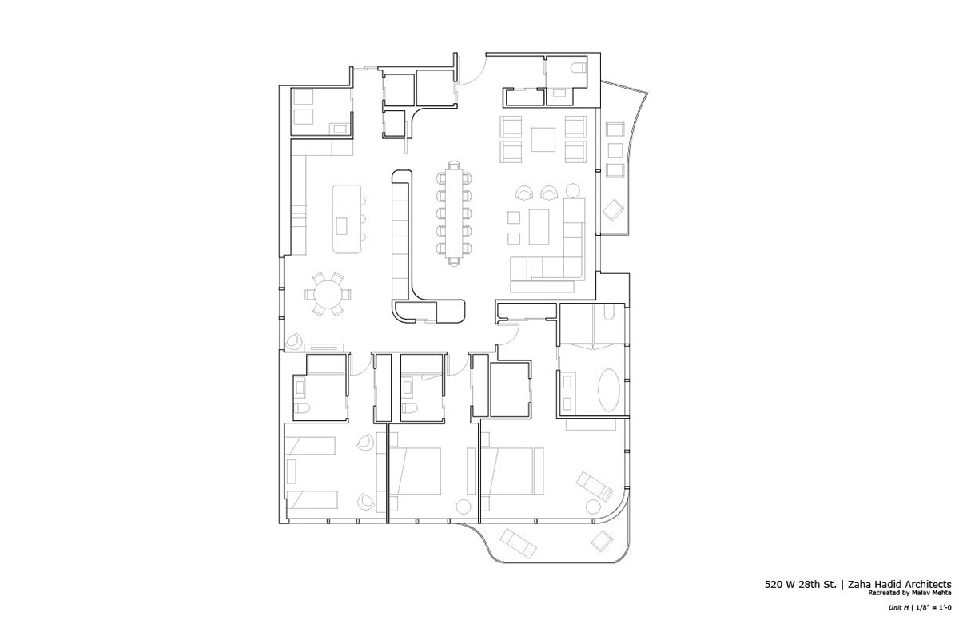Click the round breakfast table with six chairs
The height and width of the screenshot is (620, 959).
328,294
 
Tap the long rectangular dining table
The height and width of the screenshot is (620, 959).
454,213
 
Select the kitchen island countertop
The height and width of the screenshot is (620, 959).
347,219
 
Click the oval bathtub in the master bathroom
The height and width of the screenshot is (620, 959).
608,390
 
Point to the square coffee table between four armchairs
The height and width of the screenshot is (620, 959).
543,139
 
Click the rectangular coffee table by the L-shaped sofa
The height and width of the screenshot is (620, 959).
539,227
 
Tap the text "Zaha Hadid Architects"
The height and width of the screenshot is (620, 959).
900,585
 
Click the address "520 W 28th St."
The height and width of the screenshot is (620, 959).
801,585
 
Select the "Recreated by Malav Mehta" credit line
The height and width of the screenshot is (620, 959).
909,593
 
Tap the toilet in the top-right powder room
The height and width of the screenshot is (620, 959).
579,68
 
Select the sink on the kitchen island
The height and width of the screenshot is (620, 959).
341,226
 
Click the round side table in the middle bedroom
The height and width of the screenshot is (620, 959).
464,507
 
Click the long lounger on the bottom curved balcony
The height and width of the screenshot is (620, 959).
518,543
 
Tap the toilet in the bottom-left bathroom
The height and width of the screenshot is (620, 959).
302,407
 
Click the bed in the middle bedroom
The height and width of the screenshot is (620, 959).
416,471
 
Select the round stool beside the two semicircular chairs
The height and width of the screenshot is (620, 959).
572,190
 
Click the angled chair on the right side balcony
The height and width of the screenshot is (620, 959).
614,209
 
